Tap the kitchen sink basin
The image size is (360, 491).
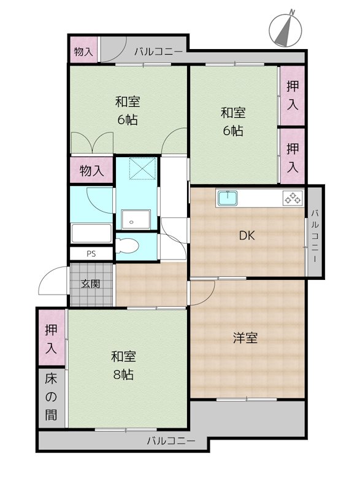228,198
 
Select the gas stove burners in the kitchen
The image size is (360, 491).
293,198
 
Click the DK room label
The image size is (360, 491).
247,236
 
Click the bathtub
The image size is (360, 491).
91,233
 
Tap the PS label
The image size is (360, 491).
91,253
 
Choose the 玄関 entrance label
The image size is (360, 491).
91,284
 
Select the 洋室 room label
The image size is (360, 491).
245,338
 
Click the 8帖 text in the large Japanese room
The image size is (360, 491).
123,374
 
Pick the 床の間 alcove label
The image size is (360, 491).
52,397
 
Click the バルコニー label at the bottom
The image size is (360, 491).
171,441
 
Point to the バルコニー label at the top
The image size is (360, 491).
158,52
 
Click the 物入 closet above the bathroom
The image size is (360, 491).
91,171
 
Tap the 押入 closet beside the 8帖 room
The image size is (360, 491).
52,339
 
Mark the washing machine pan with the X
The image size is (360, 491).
143,168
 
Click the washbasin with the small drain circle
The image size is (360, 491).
136,220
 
